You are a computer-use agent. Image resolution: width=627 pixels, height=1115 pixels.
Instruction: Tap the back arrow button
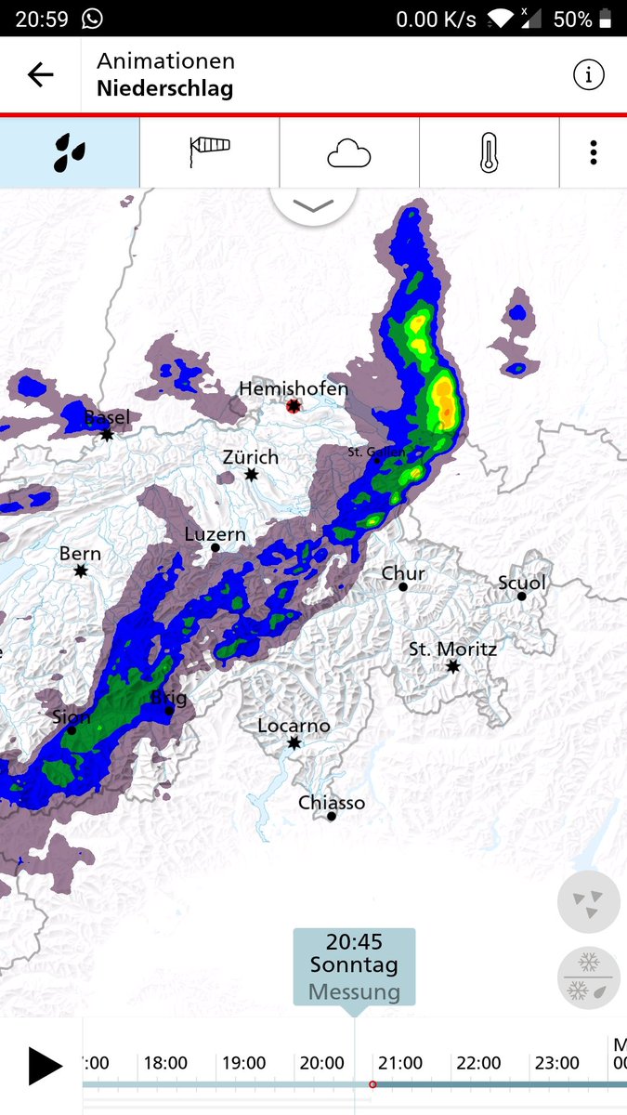click(41, 75)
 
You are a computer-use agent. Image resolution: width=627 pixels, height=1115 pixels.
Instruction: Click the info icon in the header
click(588, 75)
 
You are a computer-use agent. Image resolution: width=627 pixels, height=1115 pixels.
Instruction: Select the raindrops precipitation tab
click(70, 152)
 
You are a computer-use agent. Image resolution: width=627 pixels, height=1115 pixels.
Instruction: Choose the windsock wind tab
click(209, 152)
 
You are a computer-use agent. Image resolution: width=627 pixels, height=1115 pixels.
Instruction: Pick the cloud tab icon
click(349, 152)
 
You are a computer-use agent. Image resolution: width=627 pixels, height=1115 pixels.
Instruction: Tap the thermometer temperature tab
click(489, 152)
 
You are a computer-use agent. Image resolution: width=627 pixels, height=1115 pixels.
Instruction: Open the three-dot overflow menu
click(594, 152)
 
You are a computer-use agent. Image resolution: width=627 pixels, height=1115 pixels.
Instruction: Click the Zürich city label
click(250, 457)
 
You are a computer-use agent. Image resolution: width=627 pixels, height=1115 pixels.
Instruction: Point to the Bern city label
click(80, 554)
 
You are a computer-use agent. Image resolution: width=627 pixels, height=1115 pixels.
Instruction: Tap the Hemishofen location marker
click(294, 406)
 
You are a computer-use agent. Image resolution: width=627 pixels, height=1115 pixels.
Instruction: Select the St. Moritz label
click(452, 649)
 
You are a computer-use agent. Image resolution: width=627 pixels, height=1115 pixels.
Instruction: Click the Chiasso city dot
click(332, 817)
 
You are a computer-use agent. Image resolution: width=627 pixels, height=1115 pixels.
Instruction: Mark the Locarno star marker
click(294, 743)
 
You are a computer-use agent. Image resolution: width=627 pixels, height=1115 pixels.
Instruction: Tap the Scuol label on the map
click(522, 583)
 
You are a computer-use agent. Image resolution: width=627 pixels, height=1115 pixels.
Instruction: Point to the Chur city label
click(403, 573)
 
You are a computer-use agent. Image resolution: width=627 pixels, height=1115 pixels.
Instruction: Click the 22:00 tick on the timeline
click(478, 1063)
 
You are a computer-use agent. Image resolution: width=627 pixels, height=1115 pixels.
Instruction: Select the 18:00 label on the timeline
click(165, 1063)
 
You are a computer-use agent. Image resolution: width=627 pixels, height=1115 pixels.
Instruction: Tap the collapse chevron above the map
click(313, 205)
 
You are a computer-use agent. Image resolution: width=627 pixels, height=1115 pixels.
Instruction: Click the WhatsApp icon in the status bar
click(92, 19)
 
